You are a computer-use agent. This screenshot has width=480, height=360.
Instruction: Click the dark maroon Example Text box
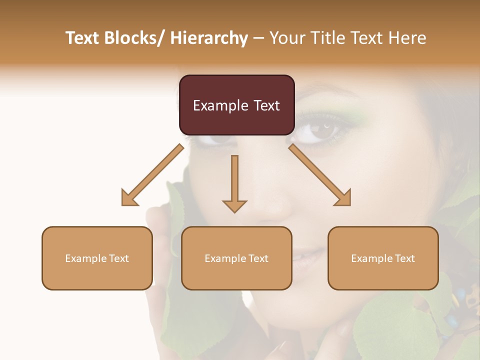click(x=236, y=105)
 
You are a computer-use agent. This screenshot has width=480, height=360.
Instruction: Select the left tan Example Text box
click(x=97, y=258)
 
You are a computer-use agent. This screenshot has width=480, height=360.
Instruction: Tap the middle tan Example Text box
click(x=236, y=258)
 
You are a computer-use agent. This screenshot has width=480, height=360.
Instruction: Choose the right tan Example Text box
click(x=383, y=258)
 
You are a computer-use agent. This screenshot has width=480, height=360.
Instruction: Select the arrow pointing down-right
click(x=320, y=175)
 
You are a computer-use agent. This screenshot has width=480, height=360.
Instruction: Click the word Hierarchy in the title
click(x=209, y=38)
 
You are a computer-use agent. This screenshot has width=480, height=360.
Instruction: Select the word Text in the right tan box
click(x=404, y=258)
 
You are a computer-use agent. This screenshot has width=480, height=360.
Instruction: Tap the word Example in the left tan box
click(x=85, y=258)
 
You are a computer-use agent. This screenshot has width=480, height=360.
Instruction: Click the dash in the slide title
click(x=258, y=38)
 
